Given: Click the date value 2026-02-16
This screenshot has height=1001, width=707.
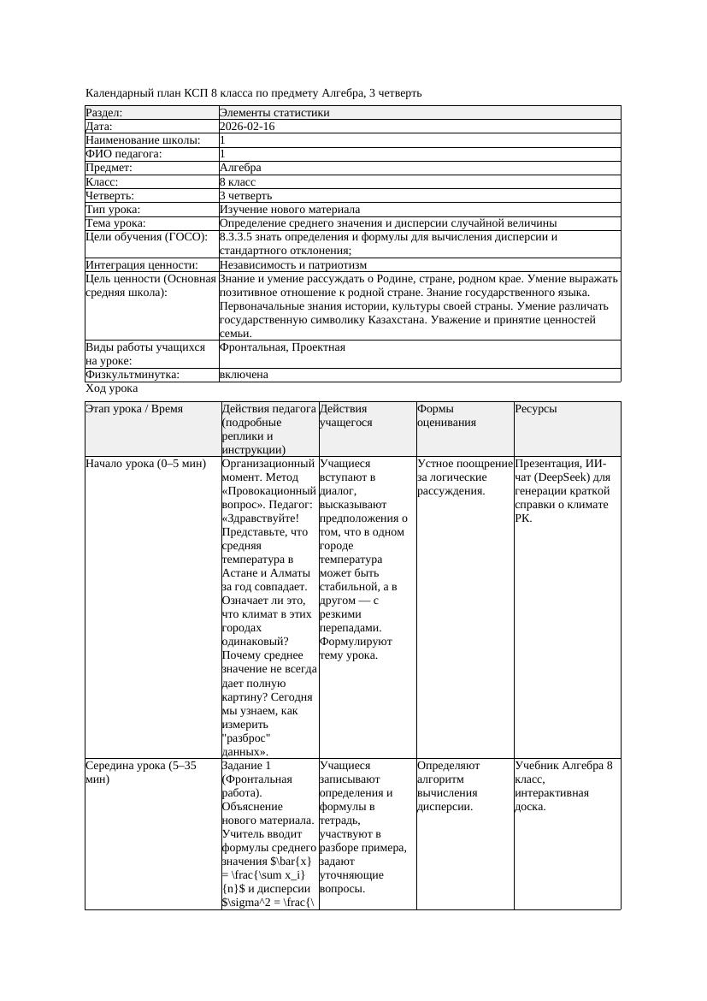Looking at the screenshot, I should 247,127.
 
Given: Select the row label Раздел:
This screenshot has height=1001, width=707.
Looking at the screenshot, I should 104,113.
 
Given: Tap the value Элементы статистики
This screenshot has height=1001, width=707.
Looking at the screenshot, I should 274,113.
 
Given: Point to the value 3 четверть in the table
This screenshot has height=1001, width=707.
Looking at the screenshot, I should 243,195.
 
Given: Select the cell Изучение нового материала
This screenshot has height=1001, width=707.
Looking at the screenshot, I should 290,209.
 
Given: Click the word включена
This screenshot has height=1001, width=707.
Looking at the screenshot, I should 244,375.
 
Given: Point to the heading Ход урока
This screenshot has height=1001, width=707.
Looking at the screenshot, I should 111,388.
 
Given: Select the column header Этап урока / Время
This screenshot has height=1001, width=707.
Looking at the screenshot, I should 134,409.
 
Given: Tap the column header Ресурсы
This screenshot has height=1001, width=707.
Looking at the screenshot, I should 536,409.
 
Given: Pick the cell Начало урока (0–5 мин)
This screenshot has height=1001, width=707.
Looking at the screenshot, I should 146,464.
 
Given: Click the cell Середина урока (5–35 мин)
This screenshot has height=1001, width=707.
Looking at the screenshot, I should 141,773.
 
